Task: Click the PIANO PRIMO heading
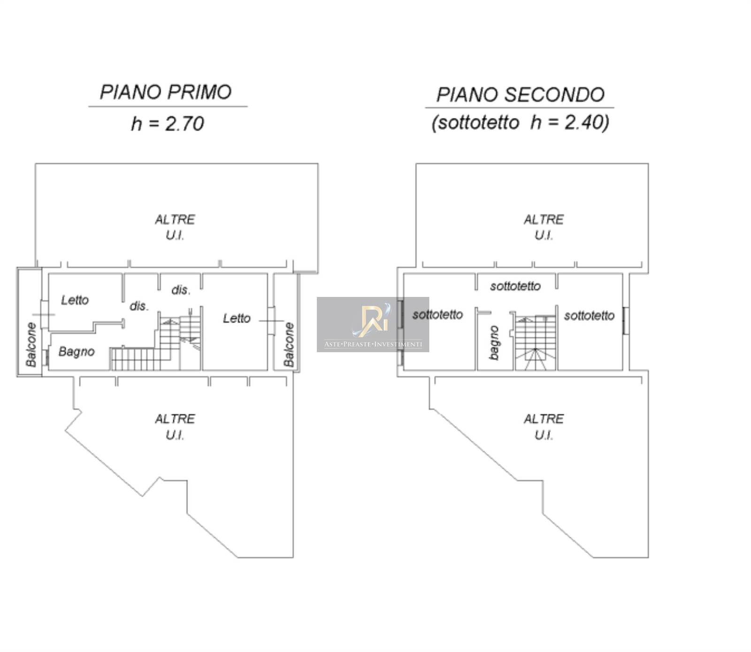point(166,92)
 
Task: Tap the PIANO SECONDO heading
point(520,95)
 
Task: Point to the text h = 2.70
point(168,124)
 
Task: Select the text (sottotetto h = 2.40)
point(520,122)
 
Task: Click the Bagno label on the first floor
point(77,352)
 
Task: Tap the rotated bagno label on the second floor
point(494,343)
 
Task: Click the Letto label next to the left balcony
point(75,300)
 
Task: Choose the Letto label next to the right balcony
point(237,318)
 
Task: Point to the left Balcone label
point(31,345)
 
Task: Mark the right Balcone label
point(289,345)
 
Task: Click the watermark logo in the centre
point(373,325)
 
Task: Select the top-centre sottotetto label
point(515,286)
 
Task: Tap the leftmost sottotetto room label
point(437,315)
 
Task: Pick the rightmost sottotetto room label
point(589,316)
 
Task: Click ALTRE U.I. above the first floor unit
point(175,227)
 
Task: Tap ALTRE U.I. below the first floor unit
point(175,427)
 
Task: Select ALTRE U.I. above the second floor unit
point(544,227)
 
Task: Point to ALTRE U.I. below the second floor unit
point(544,427)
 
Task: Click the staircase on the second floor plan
point(536,343)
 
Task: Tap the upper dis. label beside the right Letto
point(181,290)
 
